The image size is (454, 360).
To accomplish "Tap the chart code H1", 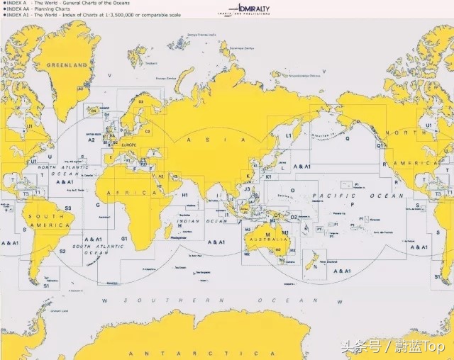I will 184,194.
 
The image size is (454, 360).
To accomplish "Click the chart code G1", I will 123,238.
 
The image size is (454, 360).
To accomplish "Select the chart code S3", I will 68,208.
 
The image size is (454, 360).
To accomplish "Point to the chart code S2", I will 62,251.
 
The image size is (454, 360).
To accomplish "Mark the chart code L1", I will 289,135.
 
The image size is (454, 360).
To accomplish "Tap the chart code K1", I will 268,176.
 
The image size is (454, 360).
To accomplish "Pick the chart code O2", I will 294,217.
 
